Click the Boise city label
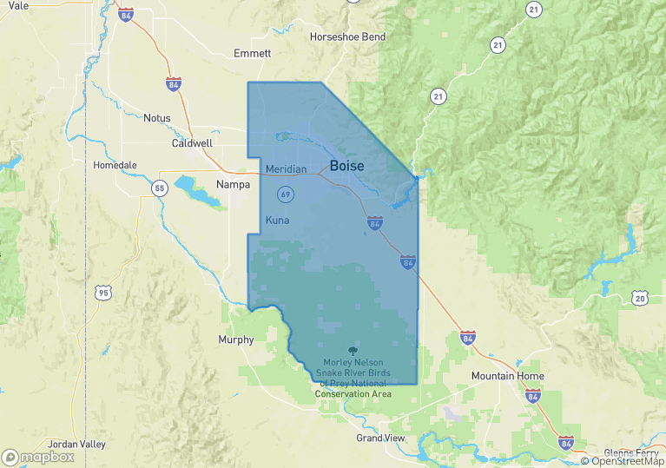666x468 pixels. [346, 166]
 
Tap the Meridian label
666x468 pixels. [286, 168]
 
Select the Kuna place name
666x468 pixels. [277, 221]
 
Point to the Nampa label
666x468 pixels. [233, 184]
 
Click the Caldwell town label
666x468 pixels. [192, 143]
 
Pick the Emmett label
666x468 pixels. [252, 53]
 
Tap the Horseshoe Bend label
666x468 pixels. [347, 37]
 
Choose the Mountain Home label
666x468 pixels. [507, 376]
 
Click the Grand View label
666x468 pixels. [380, 438]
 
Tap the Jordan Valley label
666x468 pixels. [76, 445]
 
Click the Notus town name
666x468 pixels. [157, 118]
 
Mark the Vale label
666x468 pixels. [18, 5]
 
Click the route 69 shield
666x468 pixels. [285, 193]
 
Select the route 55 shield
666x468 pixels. [159, 188]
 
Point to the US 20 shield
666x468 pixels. [640, 299]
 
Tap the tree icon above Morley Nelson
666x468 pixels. [351, 350]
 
